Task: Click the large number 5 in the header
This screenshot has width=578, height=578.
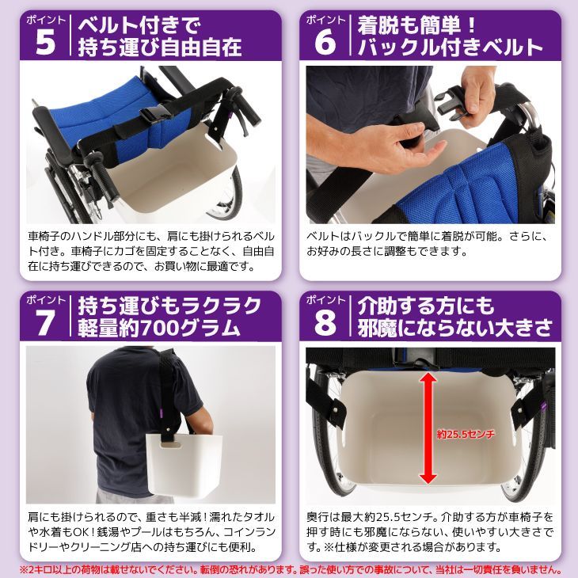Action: pos(46,44)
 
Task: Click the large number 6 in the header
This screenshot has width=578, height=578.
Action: pos(325,44)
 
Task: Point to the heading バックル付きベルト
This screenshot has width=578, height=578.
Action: pos(450,47)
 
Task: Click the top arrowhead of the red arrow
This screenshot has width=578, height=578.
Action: pos(428,378)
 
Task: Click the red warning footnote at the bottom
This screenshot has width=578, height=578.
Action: pos(289,569)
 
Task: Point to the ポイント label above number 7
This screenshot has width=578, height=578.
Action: pos(46,301)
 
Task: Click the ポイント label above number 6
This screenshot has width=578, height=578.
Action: pos(325,19)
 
